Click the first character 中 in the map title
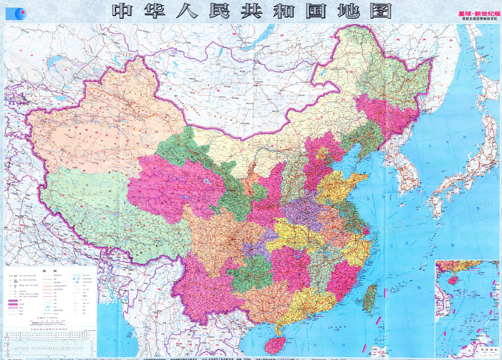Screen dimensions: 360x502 click(x=123, y=11)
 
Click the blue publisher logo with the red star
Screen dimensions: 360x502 click(x=16, y=13)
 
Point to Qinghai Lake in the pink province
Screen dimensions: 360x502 click(x=207, y=182)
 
